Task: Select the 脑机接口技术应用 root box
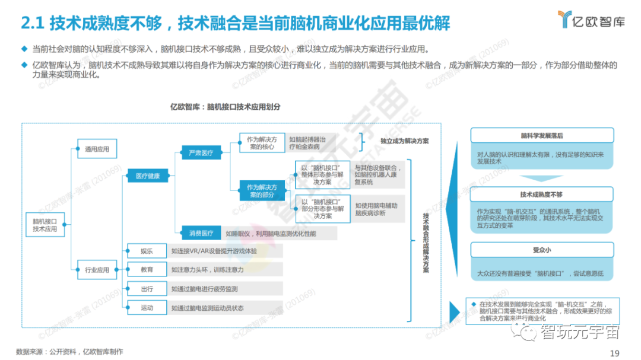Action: coord(45,224)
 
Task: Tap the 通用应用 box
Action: coord(97,149)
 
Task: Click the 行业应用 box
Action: coord(97,270)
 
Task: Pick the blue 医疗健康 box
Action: coord(148,176)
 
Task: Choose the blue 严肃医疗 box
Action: coord(201,152)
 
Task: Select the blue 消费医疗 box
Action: coord(201,233)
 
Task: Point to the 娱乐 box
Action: coord(147,251)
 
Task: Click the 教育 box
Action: coord(147,270)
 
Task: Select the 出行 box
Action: coord(147,289)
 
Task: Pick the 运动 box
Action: coord(147,308)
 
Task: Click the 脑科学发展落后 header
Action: coord(541,136)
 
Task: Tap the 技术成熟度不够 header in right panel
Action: coord(541,195)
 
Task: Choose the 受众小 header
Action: coord(541,250)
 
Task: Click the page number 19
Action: coord(615,353)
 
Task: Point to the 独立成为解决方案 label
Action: coord(405,141)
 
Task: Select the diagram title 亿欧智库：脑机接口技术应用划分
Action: coord(225,107)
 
